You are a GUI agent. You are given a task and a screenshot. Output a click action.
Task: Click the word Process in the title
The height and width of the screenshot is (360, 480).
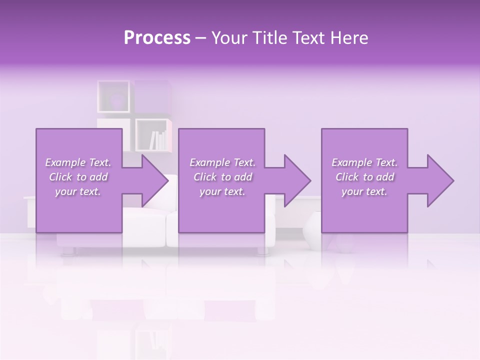coord(157,38)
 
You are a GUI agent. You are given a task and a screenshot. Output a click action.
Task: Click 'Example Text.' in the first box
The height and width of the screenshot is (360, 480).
coord(78,162)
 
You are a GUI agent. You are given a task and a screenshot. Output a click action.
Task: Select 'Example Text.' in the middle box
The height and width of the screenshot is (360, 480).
coord(222,162)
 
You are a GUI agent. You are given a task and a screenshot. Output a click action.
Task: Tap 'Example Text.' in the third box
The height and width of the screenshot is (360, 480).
coord(364,162)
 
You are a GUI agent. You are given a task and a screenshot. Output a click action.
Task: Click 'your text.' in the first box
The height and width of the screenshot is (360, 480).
coord(78,192)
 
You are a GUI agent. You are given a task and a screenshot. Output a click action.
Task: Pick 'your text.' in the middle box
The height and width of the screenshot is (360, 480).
coord(222,192)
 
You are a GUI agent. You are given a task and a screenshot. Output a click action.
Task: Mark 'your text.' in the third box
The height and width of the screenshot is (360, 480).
coord(364,192)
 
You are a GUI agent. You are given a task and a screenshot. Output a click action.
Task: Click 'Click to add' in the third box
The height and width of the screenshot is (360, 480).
coord(364,177)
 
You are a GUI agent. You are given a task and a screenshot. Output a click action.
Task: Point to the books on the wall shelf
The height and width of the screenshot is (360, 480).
coord(158,140)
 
